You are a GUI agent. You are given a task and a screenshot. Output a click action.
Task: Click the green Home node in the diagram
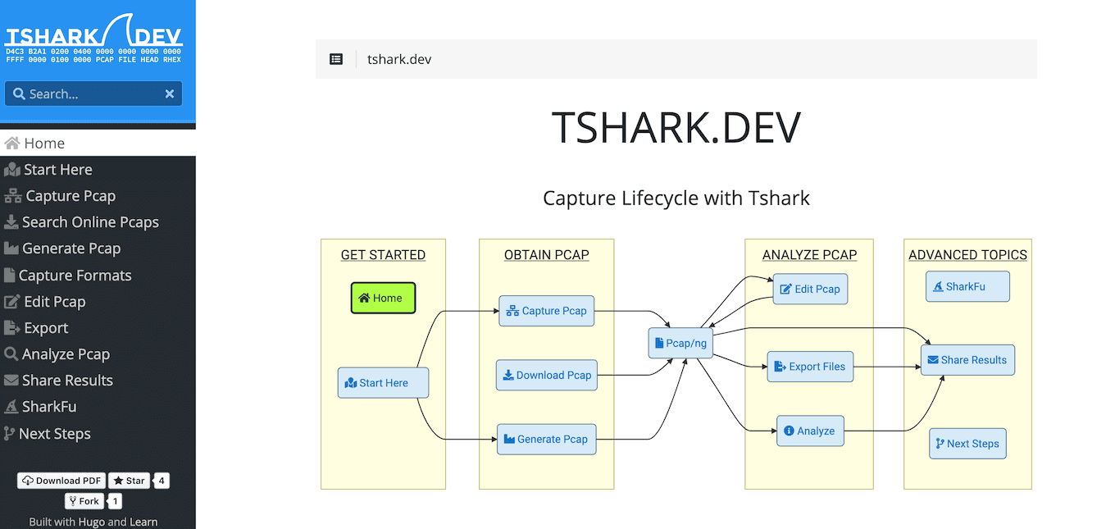(x=383, y=298)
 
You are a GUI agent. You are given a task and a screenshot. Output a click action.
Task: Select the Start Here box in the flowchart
(x=383, y=383)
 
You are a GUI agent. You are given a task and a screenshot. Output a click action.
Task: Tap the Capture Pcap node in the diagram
(x=546, y=311)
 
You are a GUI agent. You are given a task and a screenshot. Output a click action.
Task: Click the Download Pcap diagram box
(x=546, y=375)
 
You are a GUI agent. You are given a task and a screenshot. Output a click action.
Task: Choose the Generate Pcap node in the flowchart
(x=546, y=439)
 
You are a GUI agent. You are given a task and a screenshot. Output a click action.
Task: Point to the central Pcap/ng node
(x=680, y=343)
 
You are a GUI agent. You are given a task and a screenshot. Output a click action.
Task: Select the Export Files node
(x=809, y=367)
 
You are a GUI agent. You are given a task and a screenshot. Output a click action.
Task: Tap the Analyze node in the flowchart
(x=809, y=431)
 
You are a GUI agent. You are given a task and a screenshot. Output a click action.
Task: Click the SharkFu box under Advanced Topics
(x=967, y=286)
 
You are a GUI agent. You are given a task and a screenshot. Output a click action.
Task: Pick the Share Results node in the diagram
(x=967, y=359)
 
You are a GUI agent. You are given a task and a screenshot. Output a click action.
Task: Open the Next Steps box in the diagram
(x=967, y=443)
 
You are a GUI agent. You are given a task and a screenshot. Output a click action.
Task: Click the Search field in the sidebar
(x=86, y=93)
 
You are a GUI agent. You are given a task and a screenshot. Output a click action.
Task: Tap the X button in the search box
(x=170, y=93)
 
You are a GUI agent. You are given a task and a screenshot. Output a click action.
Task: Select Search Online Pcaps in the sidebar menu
(x=90, y=222)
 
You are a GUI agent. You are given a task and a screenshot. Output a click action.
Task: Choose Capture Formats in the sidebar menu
(x=75, y=276)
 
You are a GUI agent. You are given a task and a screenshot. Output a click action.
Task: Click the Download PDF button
(x=61, y=481)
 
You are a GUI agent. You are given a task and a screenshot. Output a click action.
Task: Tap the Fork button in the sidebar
(x=84, y=501)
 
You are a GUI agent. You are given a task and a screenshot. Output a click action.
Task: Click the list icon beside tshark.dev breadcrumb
(x=336, y=59)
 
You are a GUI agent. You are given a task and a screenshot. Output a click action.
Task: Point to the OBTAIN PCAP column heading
(x=546, y=255)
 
